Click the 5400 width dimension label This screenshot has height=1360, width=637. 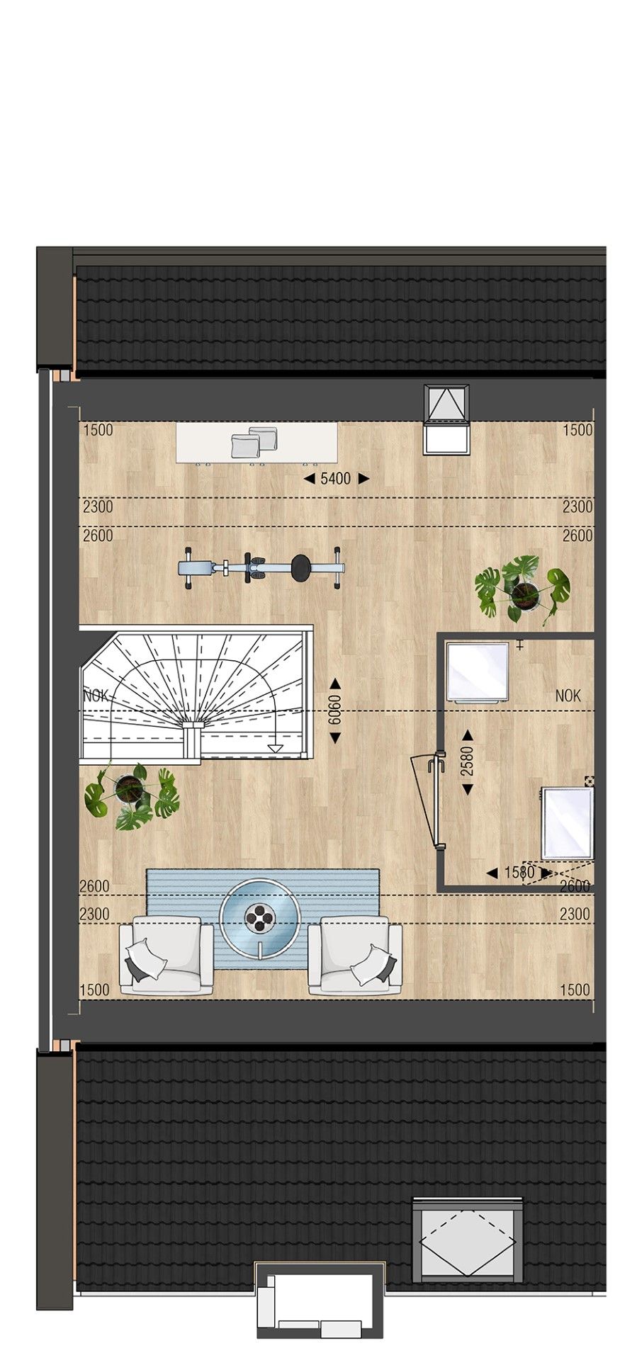click(x=336, y=479)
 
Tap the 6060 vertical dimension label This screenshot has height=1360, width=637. click(x=334, y=710)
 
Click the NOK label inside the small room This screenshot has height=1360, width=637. click(x=568, y=696)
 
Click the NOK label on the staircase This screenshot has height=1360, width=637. click(x=96, y=696)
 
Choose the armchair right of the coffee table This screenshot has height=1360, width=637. click(x=355, y=955)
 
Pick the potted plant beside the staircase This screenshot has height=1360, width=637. click(x=132, y=795)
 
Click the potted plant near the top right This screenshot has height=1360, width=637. click(x=523, y=589)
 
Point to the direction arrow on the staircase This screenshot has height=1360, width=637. click(x=275, y=745)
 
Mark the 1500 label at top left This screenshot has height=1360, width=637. click(x=98, y=430)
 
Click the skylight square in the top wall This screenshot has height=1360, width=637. click(x=446, y=419)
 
